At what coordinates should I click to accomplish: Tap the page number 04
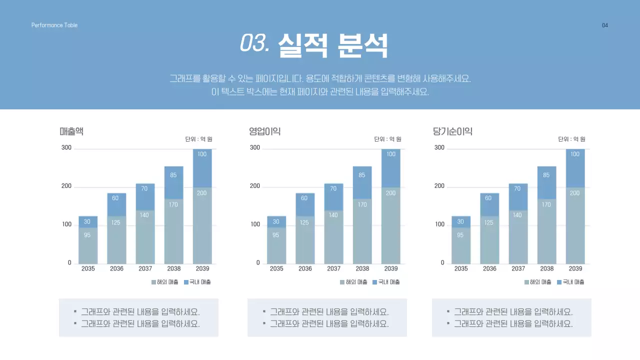click(605, 25)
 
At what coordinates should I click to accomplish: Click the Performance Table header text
click(54, 25)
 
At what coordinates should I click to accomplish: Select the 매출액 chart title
click(71, 131)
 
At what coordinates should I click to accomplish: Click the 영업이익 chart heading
click(264, 131)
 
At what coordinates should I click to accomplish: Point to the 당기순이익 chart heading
click(452, 131)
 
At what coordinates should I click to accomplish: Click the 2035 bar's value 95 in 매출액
click(87, 235)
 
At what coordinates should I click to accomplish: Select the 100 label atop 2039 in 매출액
click(202, 154)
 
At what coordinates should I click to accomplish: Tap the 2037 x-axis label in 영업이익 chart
click(333, 268)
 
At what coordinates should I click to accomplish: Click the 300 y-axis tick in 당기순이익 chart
click(439, 147)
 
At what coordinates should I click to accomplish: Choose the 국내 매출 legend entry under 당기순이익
click(570, 282)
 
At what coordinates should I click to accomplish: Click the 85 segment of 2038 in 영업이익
click(362, 175)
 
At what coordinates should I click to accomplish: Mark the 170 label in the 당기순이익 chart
click(546, 204)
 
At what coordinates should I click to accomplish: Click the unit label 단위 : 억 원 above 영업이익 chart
click(387, 139)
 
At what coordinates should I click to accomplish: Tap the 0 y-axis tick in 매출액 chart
click(69, 263)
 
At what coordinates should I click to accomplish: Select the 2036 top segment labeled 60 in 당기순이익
click(488, 198)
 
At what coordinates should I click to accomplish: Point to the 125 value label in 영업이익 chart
click(304, 222)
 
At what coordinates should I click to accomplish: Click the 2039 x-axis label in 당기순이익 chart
click(575, 268)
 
